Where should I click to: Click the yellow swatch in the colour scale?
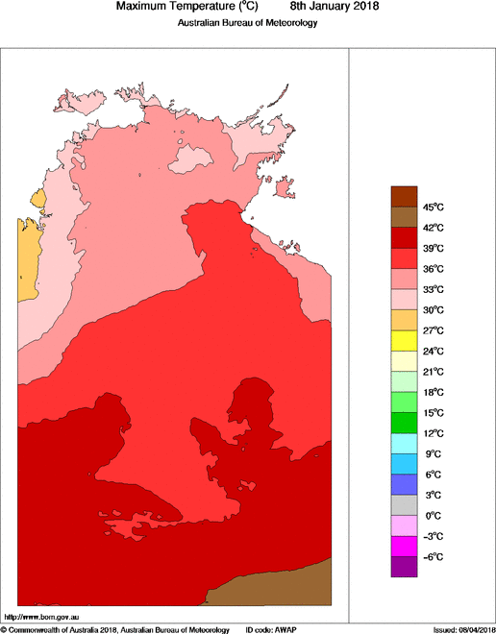coord(403,340)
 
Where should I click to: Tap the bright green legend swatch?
coord(403,402)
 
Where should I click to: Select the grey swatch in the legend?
coord(403,505)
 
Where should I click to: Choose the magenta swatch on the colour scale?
coord(403,547)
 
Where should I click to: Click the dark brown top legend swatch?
coord(403,196)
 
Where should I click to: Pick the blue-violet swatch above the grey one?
coord(403,484)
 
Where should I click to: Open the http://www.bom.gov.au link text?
coord(42,616)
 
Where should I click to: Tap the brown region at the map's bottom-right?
coord(279,586)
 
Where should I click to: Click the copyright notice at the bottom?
coord(115,628)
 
